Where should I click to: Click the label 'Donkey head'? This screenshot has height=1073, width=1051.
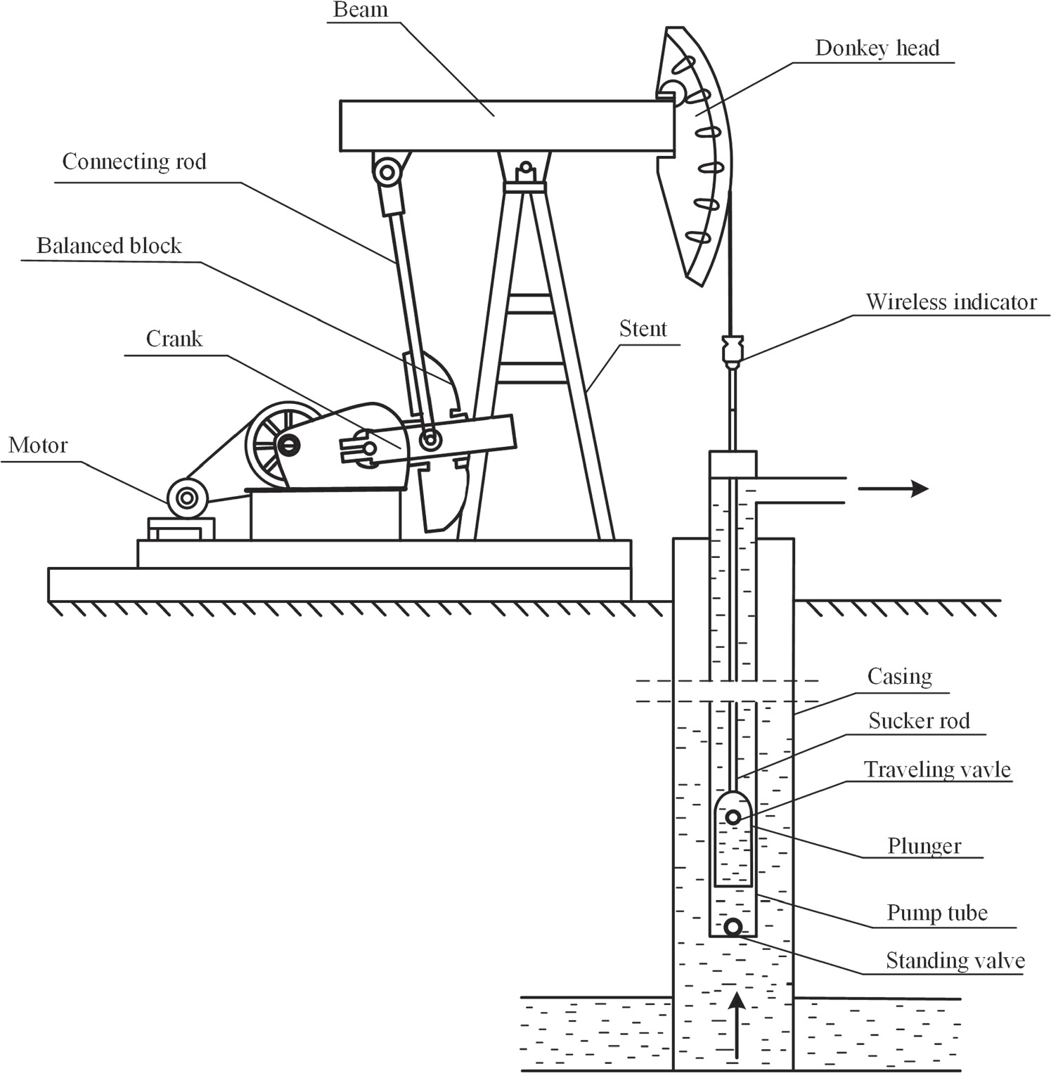(x=877, y=48)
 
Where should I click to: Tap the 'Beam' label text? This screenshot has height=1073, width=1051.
(x=361, y=10)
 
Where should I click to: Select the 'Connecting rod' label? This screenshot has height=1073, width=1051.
(x=134, y=162)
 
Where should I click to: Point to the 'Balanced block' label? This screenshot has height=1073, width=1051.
(x=109, y=245)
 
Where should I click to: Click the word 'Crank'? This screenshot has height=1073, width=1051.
(x=174, y=339)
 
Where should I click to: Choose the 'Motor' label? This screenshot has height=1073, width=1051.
(x=38, y=445)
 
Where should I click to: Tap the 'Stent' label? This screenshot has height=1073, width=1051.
(x=643, y=329)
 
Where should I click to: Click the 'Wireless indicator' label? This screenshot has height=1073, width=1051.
(x=951, y=301)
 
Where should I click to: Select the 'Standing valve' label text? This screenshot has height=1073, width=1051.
(x=955, y=961)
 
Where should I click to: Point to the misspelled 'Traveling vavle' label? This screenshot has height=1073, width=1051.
(x=937, y=769)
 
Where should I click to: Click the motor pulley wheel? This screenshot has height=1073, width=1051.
(x=187, y=498)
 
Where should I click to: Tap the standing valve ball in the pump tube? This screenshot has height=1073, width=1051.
(x=733, y=928)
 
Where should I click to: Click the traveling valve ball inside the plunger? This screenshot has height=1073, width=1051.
(x=733, y=817)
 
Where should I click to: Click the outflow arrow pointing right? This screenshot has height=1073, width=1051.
(x=893, y=488)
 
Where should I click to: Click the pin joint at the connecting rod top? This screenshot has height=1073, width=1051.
(x=386, y=171)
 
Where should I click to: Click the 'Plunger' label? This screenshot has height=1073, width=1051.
(x=924, y=846)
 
